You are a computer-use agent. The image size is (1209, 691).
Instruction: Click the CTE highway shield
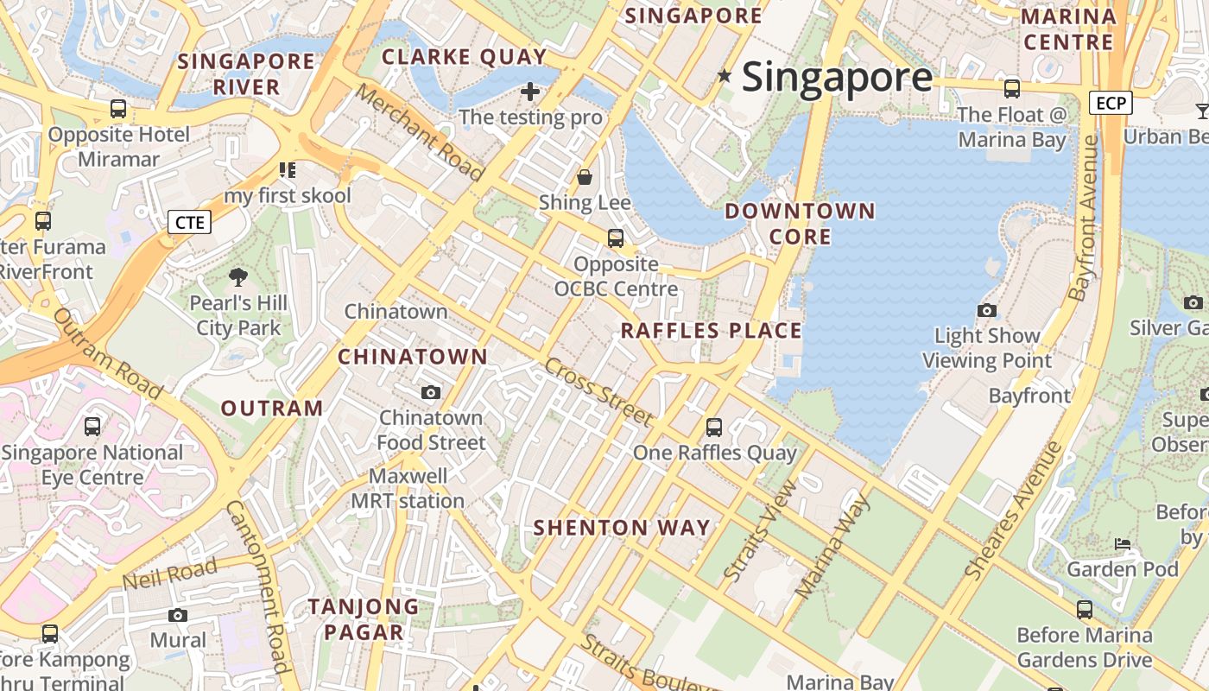(190, 223)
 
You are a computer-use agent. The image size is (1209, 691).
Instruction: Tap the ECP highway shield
(1111, 104)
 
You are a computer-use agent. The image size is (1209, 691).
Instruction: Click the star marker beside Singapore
(725, 77)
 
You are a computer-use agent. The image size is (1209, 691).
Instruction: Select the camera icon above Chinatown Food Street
(431, 393)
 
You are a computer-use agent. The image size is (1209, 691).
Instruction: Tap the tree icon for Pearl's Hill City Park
(238, 277)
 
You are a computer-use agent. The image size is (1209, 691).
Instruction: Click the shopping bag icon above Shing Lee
(585, 177)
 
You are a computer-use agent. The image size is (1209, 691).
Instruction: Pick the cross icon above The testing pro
(530, 91)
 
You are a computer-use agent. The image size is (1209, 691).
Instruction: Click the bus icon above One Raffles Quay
(714, 427)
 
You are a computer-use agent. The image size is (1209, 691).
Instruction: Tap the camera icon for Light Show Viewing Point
(986, 310)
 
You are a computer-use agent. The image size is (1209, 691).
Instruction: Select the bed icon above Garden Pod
(1122, 544)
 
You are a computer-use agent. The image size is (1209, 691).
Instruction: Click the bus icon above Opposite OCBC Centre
(616, 238)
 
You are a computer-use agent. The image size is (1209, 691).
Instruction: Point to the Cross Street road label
(598, 392)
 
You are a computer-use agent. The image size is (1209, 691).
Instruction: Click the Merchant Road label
(420, 132)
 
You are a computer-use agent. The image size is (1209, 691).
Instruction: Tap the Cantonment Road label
(256, 586)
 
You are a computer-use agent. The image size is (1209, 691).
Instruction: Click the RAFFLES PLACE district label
(712, 331)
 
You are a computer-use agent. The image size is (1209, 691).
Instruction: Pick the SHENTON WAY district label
(622, 528)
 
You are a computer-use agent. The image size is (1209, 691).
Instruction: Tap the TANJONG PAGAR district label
(364, 618)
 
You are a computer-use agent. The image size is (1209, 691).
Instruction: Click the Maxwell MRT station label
(408, 489)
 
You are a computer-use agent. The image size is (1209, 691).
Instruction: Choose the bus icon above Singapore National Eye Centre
(92, 427)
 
